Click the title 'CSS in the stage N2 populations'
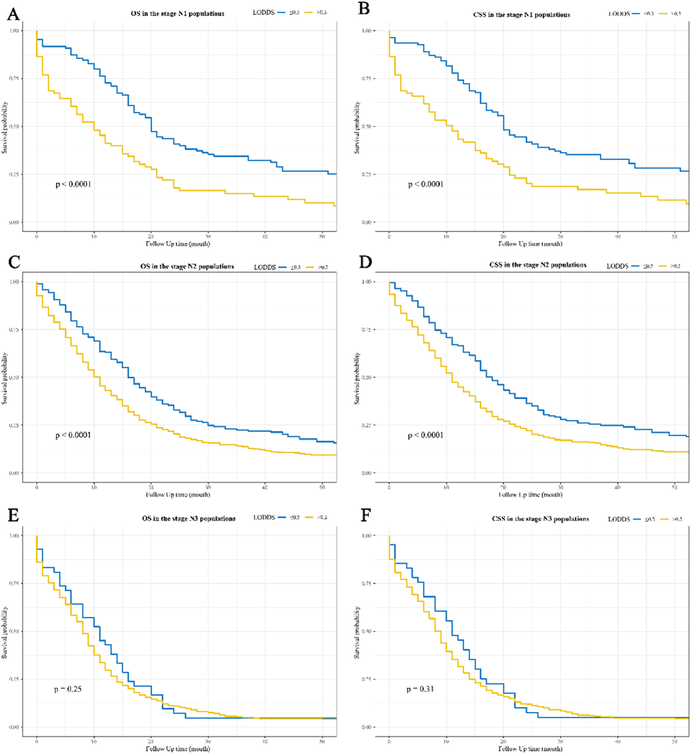pos(538,265)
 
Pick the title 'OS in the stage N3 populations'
pos(189,519)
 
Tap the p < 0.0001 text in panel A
pos(73,184)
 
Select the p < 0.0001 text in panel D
pos(426,435)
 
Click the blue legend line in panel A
pos(282,13)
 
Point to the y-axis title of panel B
pos(357,127)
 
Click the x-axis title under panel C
pos(178,495)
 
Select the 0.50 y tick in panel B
pos(367,126)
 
